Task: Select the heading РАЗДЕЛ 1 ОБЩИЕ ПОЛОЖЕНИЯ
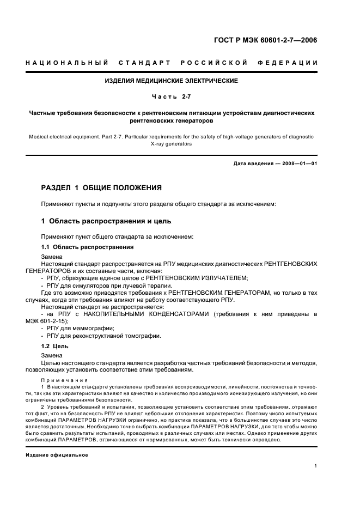pos(101,188)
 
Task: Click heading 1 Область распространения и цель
pos(106,221)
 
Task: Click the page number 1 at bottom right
pos(316,465)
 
